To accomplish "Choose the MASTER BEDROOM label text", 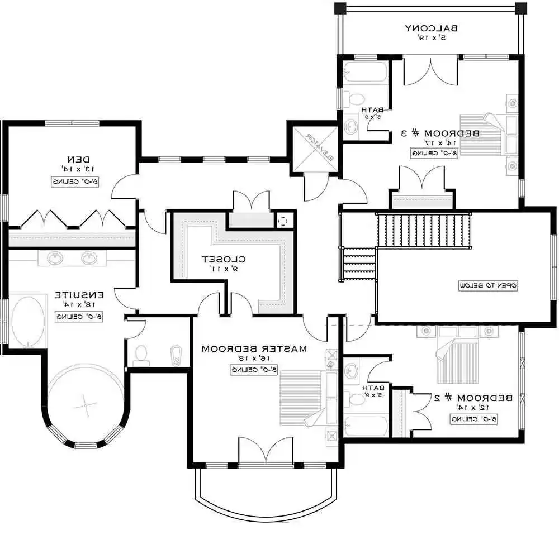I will pyautogui.click(x=254, y=348).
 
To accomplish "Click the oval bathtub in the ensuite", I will pyautogui.click(x=29, y=322).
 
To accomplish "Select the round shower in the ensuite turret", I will pyautogui.click(x=85, y=402).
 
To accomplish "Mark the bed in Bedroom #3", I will pyautogui.click(x=484, y=134).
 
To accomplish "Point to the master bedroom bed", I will pyautogui.click(x=305, y=398).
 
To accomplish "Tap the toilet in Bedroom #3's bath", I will pyautogui.click(x=352, y=100).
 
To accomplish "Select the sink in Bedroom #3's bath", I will pyautogui.click(x=350, y=126).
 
